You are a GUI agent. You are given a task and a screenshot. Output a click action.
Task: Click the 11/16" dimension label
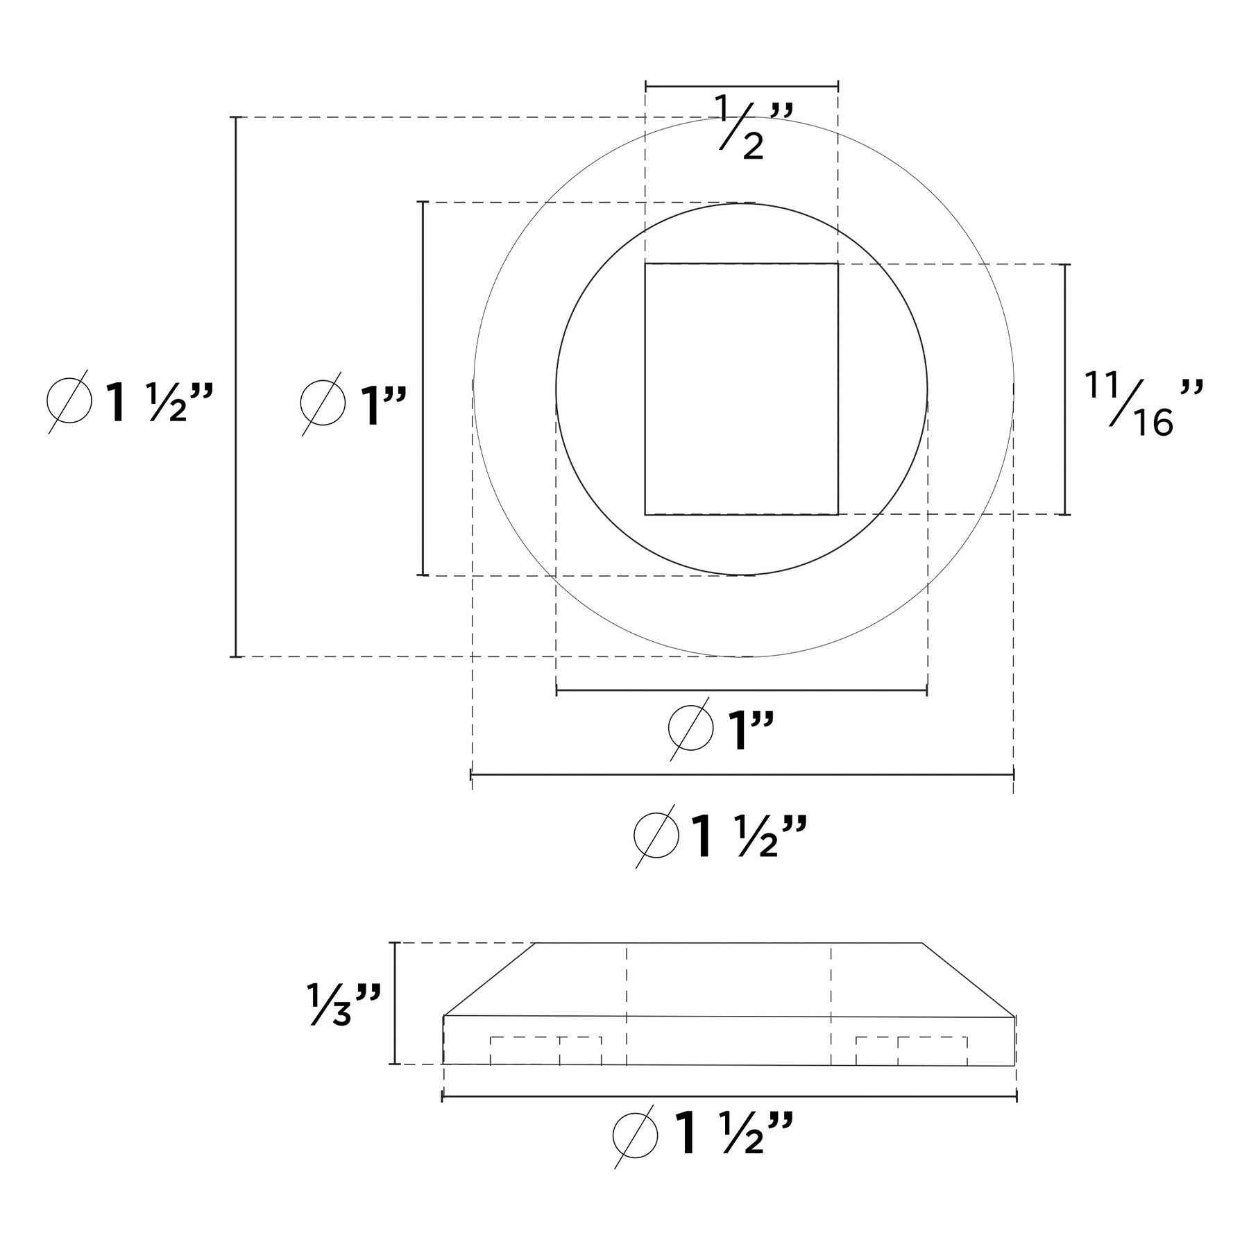click(x=1144, y=405)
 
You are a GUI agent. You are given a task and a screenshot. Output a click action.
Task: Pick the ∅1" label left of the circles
click(x=355, y=404)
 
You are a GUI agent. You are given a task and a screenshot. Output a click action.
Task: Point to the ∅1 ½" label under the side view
click(x=702, y=1135)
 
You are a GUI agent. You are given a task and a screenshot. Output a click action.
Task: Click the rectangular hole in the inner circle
click(x=741, y=389)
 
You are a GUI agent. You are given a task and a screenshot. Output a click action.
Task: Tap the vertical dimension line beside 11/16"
click(x=1066, y=389)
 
